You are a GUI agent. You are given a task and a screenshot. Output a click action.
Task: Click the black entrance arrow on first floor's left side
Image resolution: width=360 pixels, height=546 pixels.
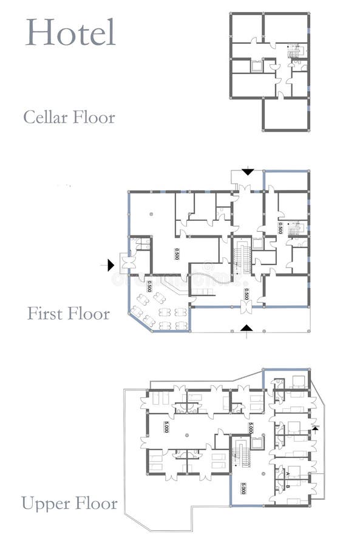click(110, 264)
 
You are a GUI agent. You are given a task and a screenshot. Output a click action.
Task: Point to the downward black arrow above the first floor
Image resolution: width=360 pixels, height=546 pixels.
click(247, 171)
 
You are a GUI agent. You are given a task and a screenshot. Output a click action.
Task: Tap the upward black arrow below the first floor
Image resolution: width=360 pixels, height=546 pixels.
click(246, 328)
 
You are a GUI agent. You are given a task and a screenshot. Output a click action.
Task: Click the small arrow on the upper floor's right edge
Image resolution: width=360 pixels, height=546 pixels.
click(315, 428)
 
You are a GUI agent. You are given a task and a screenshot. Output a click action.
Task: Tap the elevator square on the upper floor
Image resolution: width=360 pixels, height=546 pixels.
click(257, 440)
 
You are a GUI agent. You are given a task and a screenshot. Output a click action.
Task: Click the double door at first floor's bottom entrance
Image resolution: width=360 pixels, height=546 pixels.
click(246, 307)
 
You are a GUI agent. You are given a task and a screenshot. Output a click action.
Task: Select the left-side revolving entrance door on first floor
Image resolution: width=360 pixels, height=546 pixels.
click(127, 262)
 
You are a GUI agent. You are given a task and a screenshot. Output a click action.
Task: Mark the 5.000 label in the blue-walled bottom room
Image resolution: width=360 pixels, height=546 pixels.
click(243, 488)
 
